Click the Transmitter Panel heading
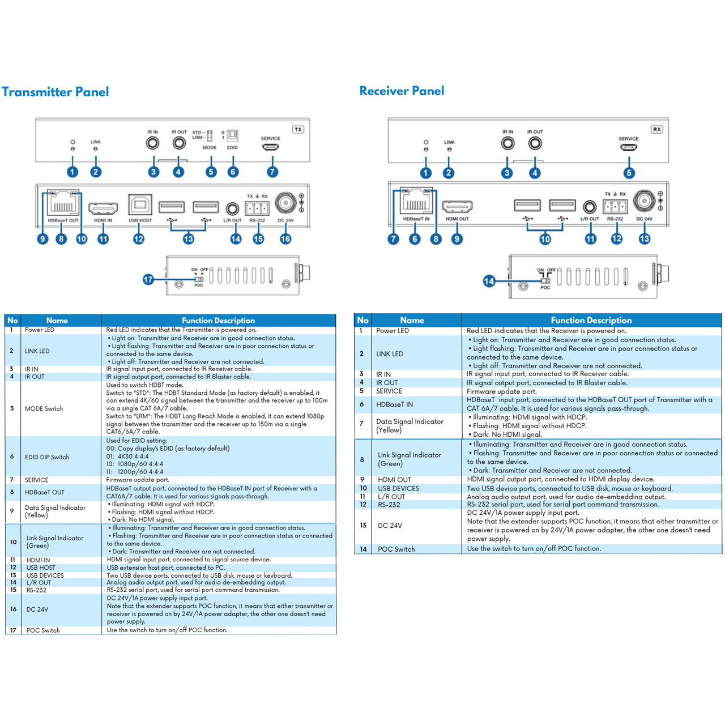click(x=56, y=92)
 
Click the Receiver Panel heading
click(x=402, y=91)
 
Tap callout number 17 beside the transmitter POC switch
click(x=148, y=280)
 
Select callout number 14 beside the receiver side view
click(x=489, y=281)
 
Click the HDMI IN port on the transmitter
click(x=103, y=208)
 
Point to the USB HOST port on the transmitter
click(x=140, y=205)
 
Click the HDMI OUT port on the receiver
click(x=457, y=207)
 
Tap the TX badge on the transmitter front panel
click(x=298, y=130)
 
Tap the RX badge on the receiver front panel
click(x=656, y=130)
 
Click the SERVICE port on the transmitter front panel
click(x=270, y=146)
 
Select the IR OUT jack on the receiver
click(x=535, y=143)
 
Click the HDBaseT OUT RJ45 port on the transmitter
click(x=63, y=203)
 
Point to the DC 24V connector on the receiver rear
click(x=644, y=201)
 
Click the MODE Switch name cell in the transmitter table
click(x=44, y=408)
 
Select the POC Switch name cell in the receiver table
click(x=396, y=549)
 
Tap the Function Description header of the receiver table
click(x=591, y=320)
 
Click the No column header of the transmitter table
click(x=12, y=320)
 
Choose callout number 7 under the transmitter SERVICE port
click(x=272, y=172)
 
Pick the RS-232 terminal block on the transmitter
click(x=257, y=208)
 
